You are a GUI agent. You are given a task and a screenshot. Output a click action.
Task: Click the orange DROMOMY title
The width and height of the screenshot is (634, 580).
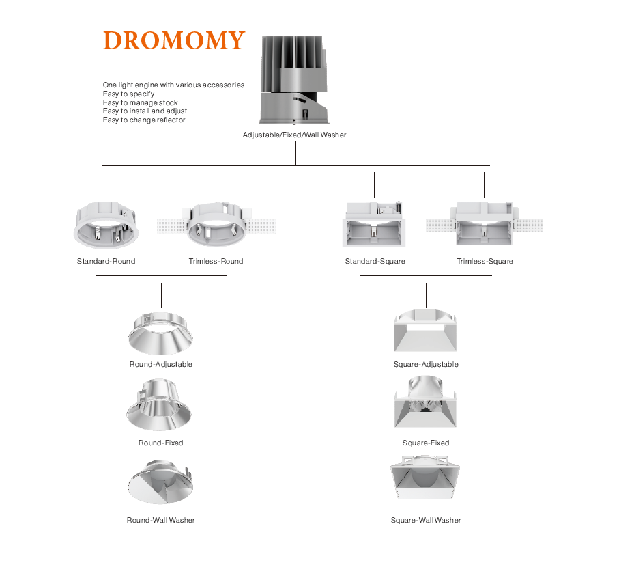173,41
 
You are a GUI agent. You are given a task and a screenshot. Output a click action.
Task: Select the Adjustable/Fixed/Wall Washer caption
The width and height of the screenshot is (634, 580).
294,135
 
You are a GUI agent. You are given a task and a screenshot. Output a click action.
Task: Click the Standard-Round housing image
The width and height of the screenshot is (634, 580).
106,225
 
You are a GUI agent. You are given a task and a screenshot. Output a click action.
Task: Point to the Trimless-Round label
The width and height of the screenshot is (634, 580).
216,261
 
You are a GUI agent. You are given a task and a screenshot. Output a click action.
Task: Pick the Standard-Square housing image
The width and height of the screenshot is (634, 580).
375,225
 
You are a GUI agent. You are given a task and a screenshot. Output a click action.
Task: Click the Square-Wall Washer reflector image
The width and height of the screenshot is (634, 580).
425,482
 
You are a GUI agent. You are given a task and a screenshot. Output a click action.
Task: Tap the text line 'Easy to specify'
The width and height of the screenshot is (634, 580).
128,94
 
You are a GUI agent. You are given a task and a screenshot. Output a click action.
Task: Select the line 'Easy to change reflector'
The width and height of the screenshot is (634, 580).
144,120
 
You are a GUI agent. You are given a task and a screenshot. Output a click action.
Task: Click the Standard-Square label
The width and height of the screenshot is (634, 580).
375,261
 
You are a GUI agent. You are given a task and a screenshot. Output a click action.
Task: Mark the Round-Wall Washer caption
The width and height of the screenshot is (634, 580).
160,520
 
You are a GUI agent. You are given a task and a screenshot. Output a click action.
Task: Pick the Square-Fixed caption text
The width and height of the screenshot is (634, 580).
426,443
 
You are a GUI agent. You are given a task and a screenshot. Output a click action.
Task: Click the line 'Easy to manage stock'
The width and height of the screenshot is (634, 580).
140,102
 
